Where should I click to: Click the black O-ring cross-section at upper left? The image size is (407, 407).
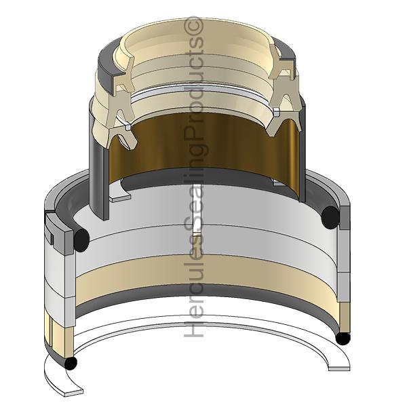(x=81, y=240)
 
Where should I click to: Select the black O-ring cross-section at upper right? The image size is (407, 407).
(x=330, y=218)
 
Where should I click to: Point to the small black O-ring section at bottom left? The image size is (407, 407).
(x=71, y=363)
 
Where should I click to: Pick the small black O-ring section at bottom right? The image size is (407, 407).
(x=343, y=338)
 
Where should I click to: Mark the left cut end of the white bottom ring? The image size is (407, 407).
(x=73, y=392)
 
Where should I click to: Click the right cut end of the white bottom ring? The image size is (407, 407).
(x=339, y=368)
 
